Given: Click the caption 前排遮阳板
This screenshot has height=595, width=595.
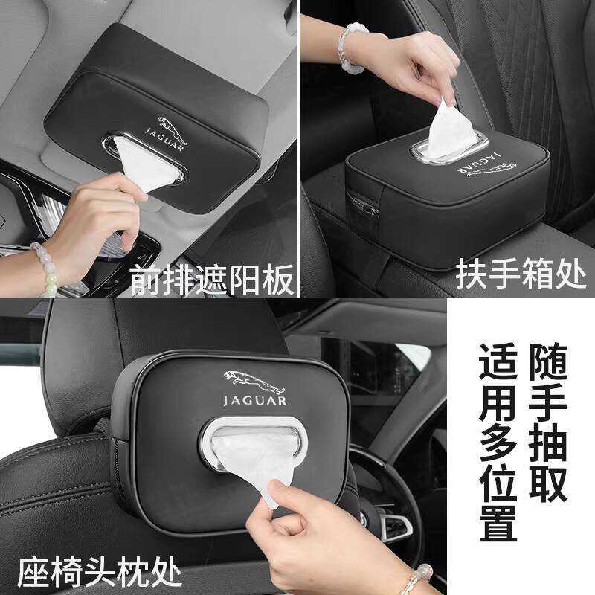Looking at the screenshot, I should (x=213, y=279).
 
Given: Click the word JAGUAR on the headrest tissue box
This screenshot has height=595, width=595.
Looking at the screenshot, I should (x=254, y=401).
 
